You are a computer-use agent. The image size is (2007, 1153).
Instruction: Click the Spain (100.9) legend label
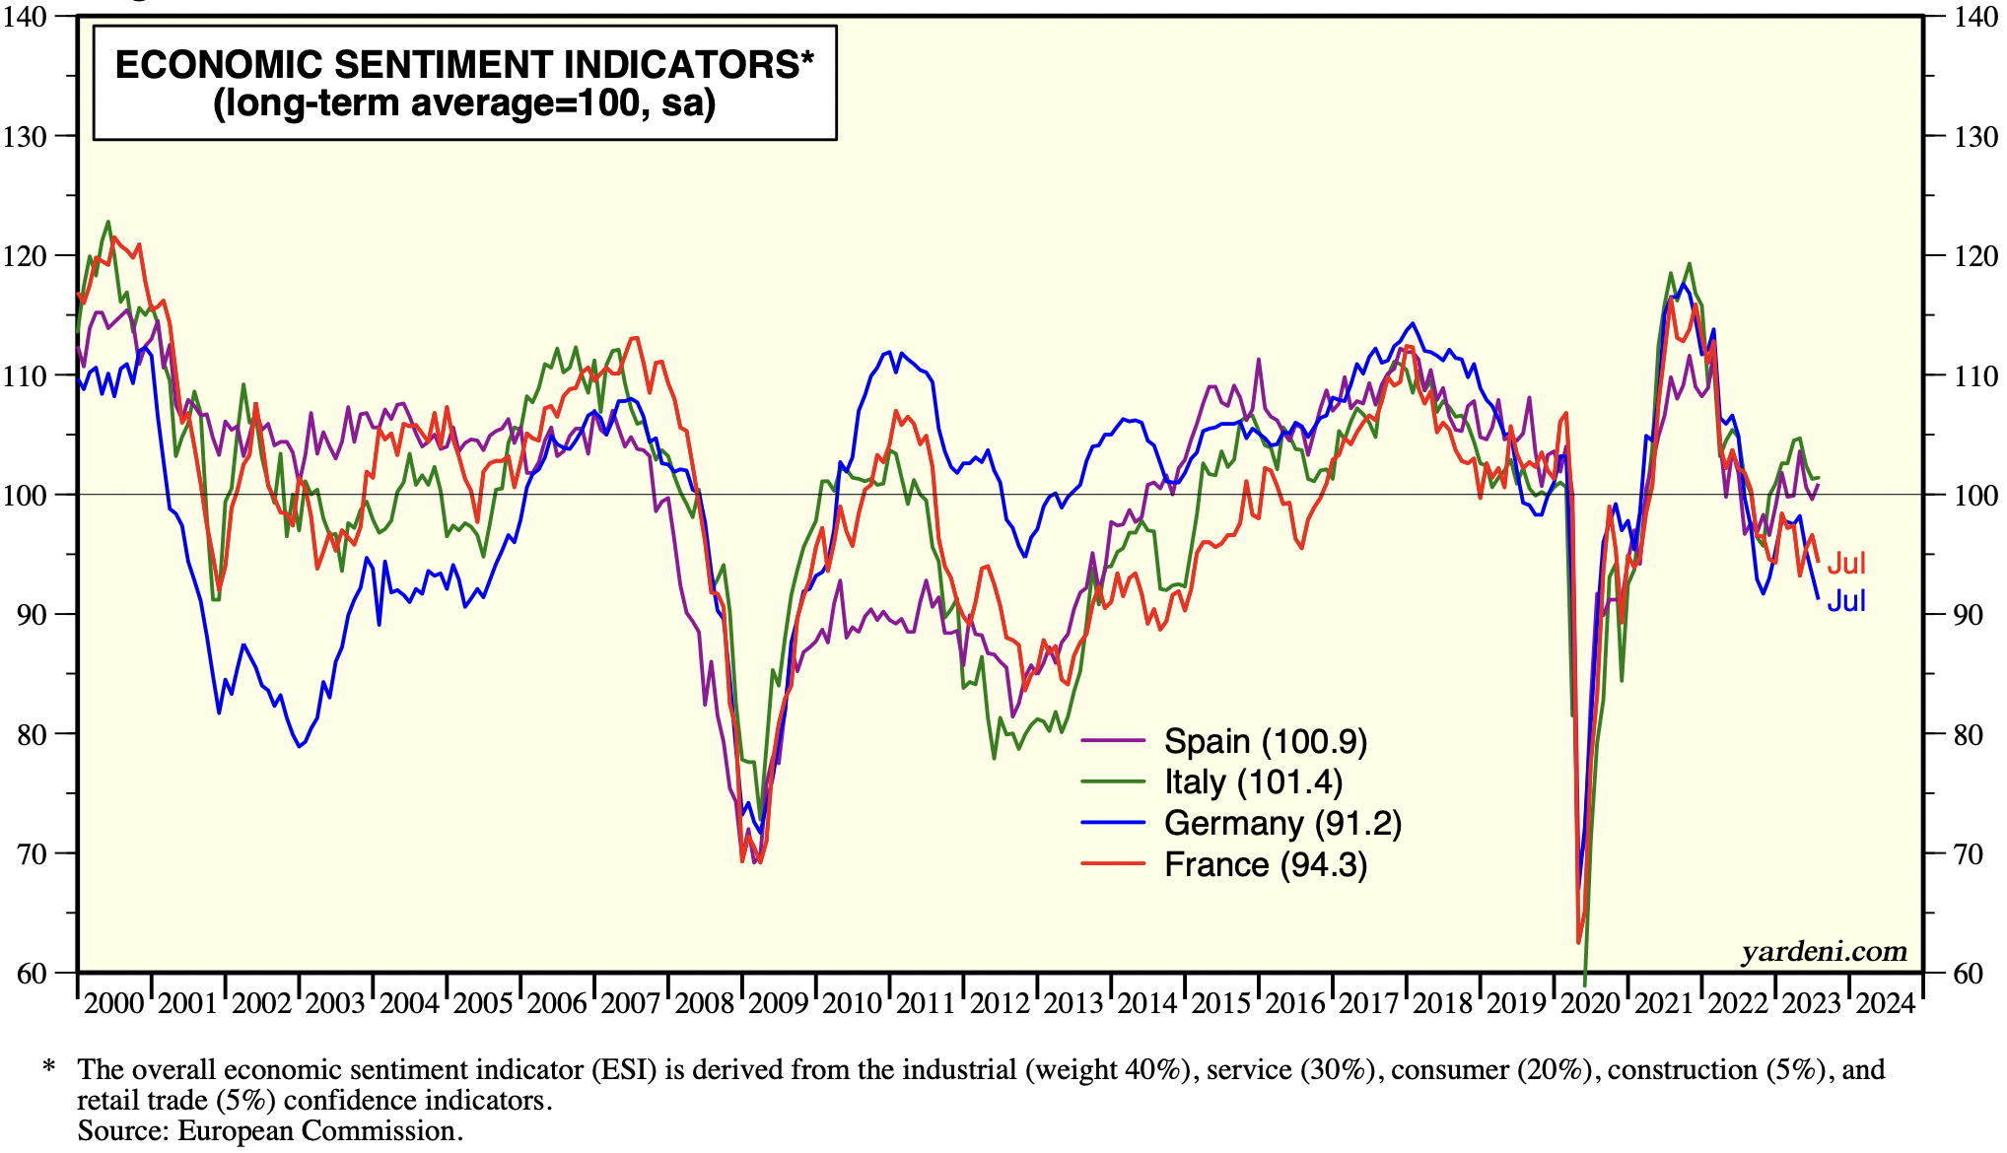(1266, 741)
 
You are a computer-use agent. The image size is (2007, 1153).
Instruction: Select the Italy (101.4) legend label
(1253, 782)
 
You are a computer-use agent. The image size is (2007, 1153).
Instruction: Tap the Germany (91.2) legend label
(1282, 823)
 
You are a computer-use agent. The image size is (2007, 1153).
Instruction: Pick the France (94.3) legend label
(1266, 864)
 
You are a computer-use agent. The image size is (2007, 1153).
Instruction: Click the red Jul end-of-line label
(1846, 563)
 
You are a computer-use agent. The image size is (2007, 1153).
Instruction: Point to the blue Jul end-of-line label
(1846, 600)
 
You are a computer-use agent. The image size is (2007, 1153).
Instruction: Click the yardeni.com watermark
(1824, 951)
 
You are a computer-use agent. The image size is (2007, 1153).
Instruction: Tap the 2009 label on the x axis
(778, 1003)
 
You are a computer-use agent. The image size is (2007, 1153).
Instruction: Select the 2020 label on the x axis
(1590, 1003)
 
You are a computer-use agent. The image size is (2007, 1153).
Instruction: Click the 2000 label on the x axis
(113, 1003)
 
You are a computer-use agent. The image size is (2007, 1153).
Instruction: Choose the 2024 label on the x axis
(1885, 1003)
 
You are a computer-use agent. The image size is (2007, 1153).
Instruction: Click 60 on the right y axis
(1975, 974)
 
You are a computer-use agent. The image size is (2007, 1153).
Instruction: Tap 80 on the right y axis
(1975, 734)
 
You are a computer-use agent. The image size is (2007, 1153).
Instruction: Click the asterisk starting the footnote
(48, 1068)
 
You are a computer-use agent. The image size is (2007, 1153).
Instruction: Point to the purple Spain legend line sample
(1113, 740)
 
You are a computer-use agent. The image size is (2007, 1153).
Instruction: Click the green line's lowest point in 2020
(1584, 983)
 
